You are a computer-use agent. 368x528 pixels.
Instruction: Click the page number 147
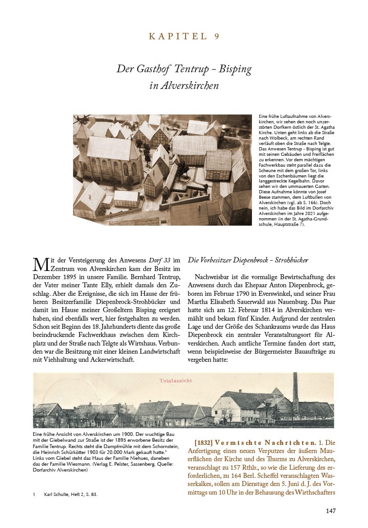coord(331,511)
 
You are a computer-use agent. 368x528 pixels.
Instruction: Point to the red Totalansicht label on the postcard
coord(176,381)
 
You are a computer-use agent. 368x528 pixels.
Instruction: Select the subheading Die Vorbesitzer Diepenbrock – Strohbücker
coord(248,261)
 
